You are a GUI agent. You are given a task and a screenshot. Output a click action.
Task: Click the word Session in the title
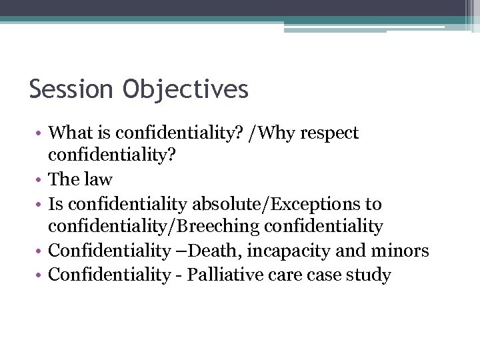tap(70, 89)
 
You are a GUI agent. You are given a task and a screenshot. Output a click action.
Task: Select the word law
tap(99, 179)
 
